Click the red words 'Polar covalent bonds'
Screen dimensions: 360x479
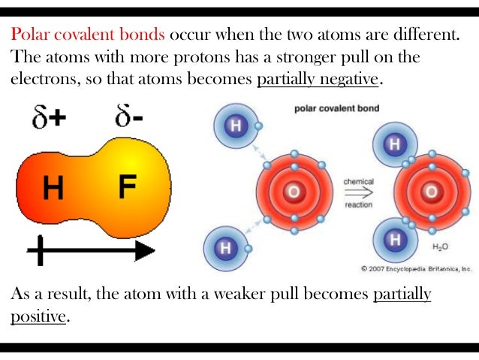[88, 35]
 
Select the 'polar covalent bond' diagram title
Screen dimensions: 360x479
[336, 109]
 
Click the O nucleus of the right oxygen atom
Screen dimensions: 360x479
[431, 192]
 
